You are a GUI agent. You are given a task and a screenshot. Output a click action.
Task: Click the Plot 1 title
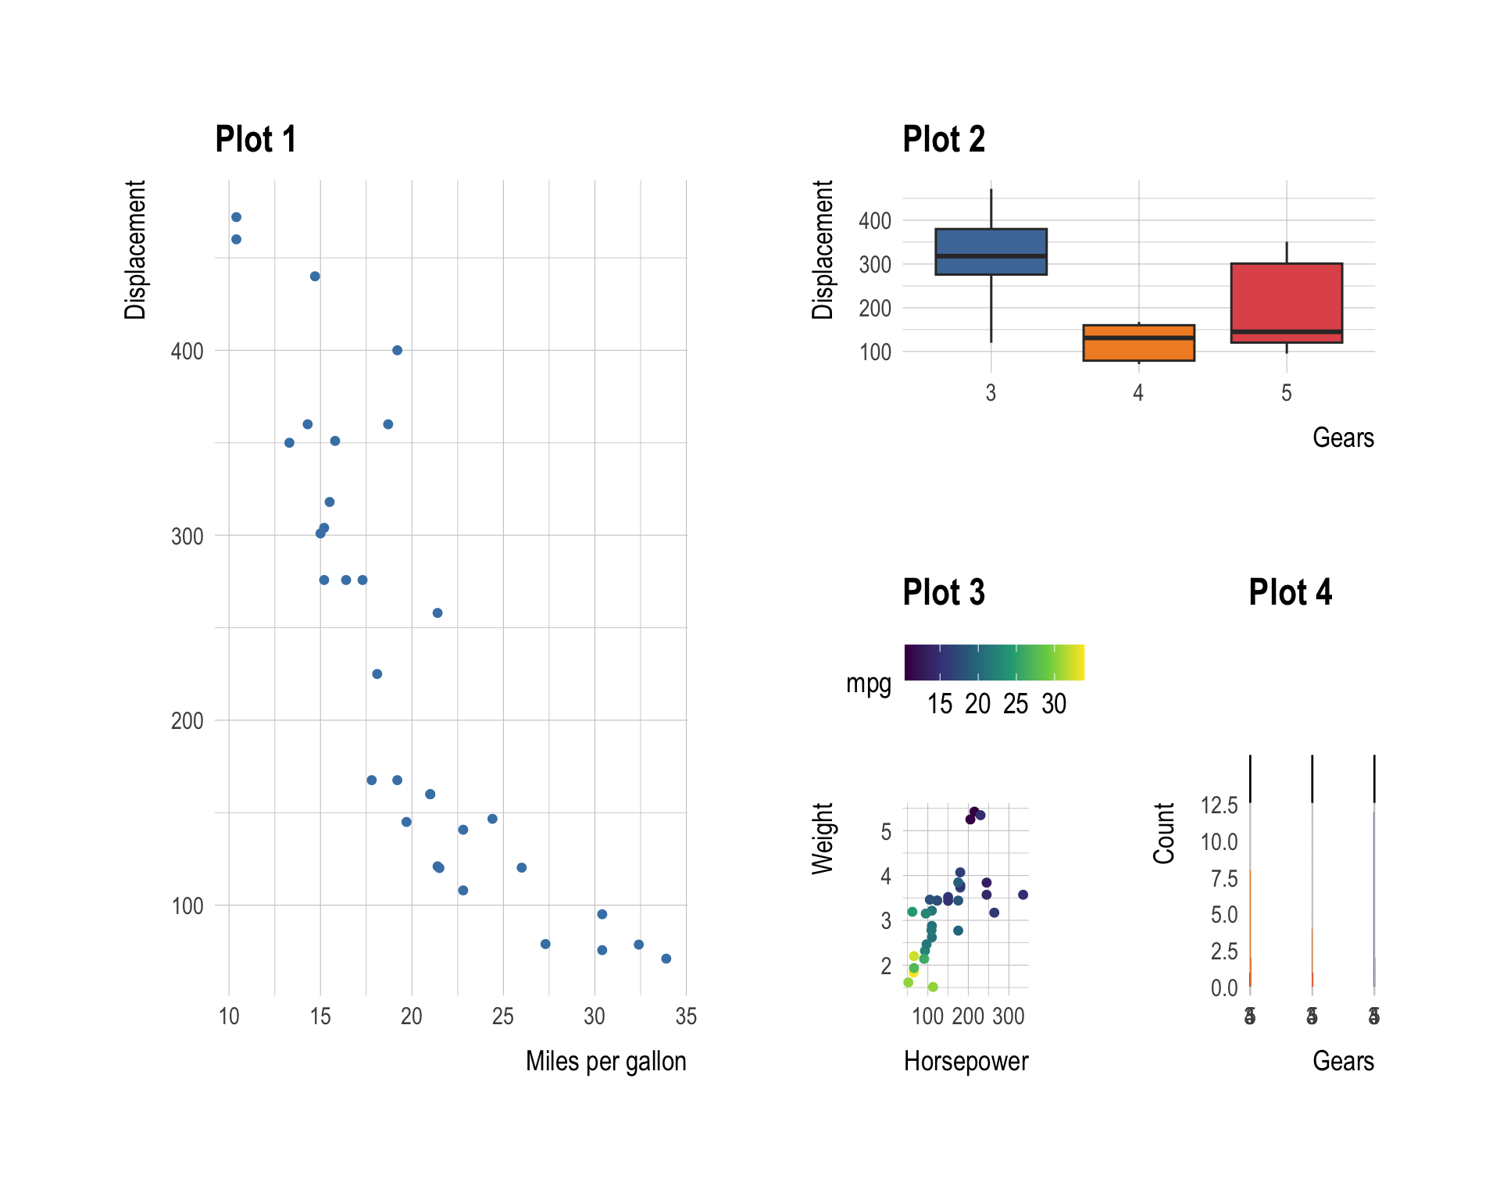(255, 140)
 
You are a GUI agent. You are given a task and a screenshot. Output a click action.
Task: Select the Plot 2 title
(943, 140)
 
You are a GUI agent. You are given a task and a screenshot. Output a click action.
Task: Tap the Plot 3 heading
(943, 592)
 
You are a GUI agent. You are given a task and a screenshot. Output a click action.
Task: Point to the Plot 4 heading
(1290, 592)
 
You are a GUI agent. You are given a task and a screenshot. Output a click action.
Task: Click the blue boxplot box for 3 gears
(991, 252)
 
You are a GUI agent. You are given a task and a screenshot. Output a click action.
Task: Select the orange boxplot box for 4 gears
(1138, 343)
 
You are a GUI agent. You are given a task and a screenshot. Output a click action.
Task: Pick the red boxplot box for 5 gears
(1286, 302)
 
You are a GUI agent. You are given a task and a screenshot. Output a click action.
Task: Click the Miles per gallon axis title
(605, 1061)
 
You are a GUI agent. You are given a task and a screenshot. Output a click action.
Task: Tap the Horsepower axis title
(966, 1061)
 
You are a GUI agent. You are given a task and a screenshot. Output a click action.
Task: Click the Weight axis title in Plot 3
(823, 837)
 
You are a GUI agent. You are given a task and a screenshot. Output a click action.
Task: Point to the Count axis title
(1164, 833)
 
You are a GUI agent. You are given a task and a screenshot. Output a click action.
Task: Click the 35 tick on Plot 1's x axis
(686, 1016)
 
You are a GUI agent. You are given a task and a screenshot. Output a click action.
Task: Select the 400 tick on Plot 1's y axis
(187, 352)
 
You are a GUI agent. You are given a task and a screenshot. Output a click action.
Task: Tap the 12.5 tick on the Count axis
(1219, 805)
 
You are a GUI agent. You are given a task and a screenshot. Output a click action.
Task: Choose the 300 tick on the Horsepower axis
(1008, 1016)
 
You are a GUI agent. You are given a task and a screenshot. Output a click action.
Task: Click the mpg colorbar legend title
(868, 684)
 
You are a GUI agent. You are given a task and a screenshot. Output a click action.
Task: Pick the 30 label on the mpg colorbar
(1053, 705)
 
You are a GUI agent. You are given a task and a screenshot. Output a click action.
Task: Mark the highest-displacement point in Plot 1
(236, 217)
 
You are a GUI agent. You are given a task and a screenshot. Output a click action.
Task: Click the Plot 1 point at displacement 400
(397, 350)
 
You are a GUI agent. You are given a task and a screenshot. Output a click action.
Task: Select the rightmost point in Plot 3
(1023, 895)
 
